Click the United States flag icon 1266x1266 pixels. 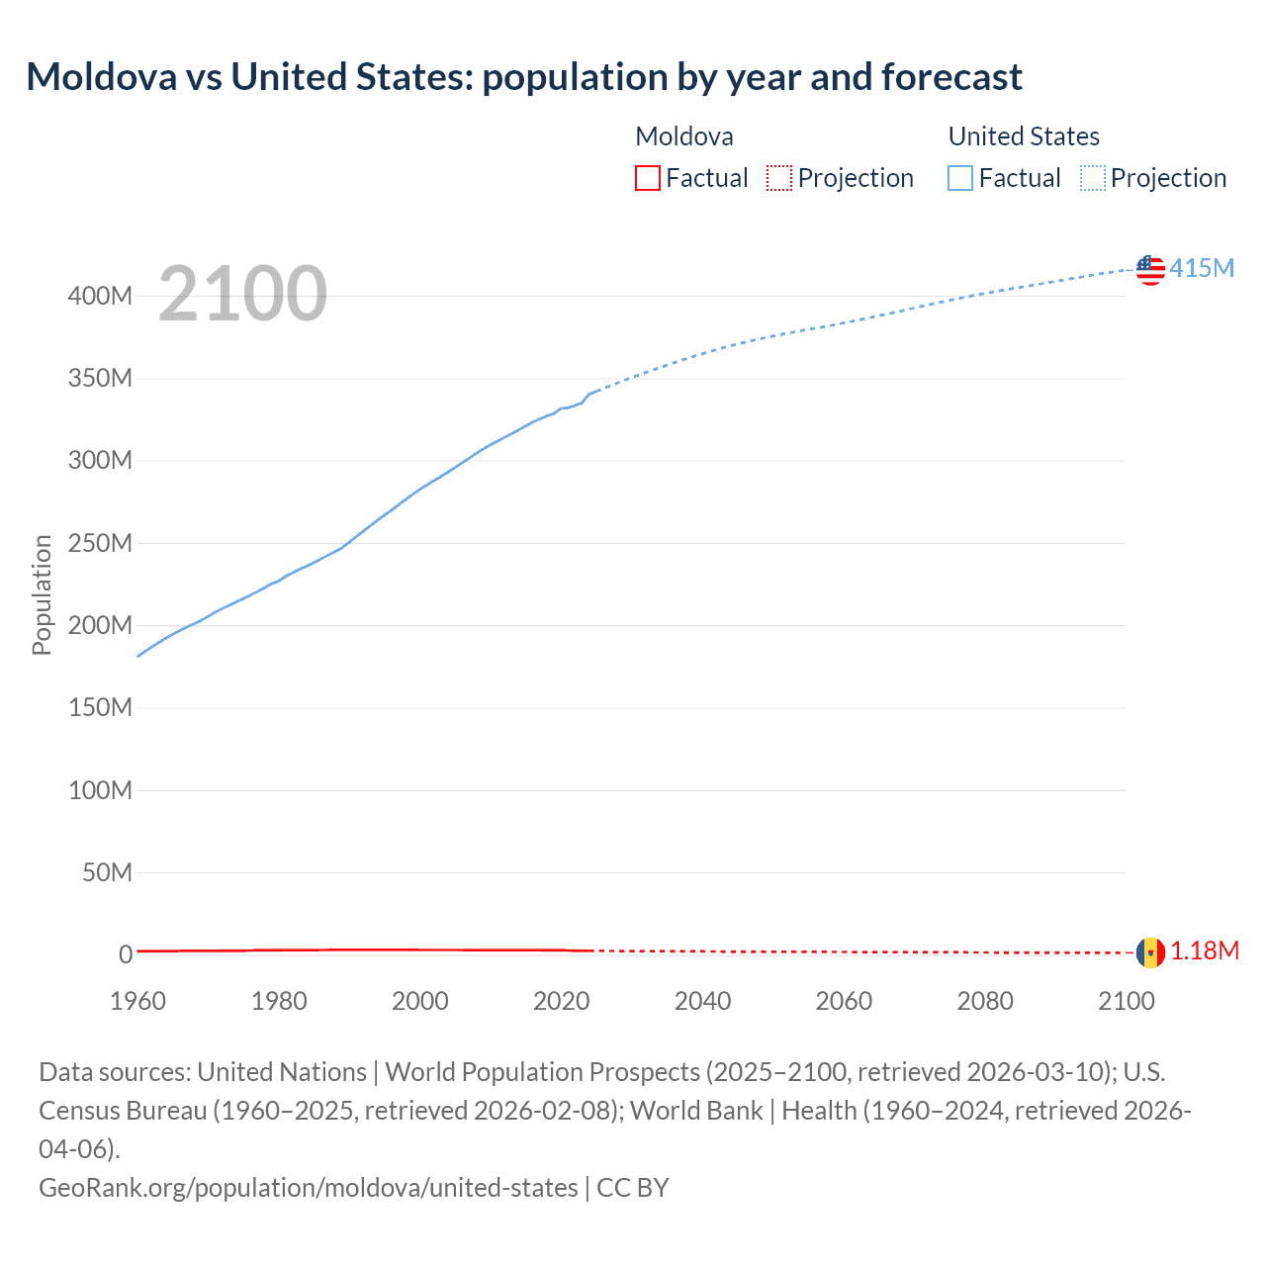(1150, 269)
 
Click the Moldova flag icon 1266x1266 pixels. (1150, 952)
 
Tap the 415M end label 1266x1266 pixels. (1202, 268)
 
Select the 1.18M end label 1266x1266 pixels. (1205, 951)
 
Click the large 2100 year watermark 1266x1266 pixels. (242, 294)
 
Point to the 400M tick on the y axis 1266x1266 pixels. (100, 296)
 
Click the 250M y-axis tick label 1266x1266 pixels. (100, 543)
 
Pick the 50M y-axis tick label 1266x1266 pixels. (107, 872)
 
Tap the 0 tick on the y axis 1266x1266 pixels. (126, 954)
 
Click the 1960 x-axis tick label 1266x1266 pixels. (137, 1001)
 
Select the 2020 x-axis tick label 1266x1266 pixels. (561, 1001)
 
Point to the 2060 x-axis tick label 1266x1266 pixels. (844, 1001)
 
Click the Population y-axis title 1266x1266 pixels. (42, 594)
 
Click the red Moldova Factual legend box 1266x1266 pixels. (647, 178)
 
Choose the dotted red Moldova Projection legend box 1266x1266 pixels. (779, 178)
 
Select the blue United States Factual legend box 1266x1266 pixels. (959, 178)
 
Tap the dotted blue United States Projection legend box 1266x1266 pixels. (1092, 178)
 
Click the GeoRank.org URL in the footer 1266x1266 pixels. (308, 1187)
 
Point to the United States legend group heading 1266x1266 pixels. (1024, 136)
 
